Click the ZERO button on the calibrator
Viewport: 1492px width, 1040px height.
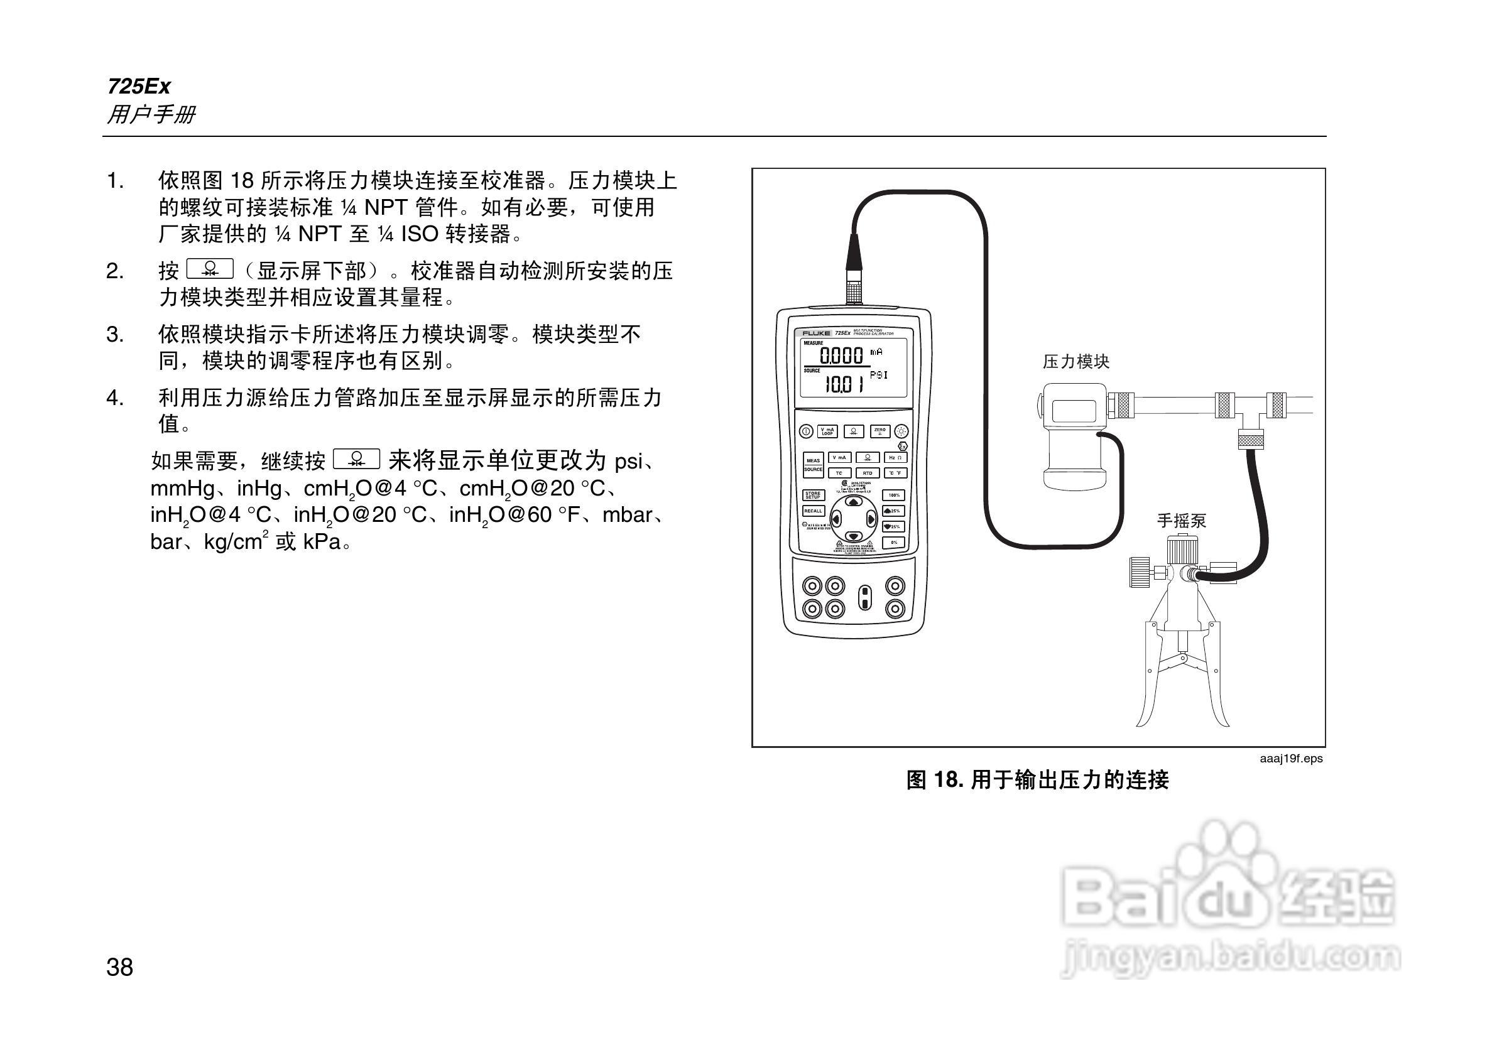(879, 431)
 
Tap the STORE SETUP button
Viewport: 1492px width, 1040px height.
(813, 495)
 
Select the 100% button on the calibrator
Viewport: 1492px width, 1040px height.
(894, 496)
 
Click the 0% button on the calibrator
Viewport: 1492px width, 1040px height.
(894, 543)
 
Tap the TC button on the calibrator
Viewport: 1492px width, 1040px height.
(839, 473)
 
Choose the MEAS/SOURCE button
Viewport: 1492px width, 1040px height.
(813, 465)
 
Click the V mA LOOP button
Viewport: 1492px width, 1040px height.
(827, 431)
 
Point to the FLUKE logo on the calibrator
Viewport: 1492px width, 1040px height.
(816, 333)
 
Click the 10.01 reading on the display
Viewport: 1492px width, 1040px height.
(844, 385)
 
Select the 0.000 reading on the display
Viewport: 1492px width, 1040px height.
(841, 355)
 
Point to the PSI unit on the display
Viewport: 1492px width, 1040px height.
(879, 376)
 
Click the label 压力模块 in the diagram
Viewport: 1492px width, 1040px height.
(1076, 362)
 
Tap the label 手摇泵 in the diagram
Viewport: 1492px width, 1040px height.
(1182, 521)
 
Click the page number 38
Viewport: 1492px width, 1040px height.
(119, 967)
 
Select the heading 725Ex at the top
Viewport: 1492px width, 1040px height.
(139, 87)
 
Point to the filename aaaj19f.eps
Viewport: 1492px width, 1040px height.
(1290, 759)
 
